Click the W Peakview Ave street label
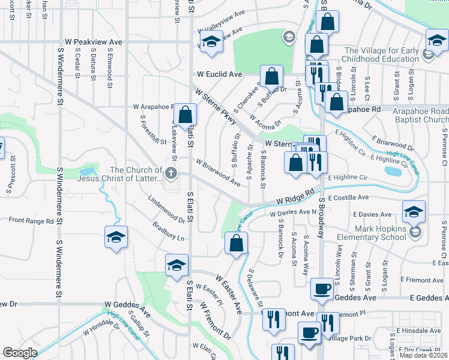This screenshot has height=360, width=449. pos(90,43)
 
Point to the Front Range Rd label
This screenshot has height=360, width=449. pos(32,220)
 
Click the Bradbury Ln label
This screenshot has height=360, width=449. pos(168,233)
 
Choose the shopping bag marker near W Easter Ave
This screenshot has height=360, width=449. pos(237,243)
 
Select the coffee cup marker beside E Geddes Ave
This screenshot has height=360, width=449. pos(322,289)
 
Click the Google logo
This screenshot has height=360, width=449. pos(20,353)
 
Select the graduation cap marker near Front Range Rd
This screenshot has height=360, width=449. pos(116,236)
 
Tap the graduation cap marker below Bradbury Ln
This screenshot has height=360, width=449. pos(176,265)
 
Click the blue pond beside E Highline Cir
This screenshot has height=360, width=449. pos(393,171)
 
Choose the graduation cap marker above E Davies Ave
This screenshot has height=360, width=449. pos(414,211)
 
